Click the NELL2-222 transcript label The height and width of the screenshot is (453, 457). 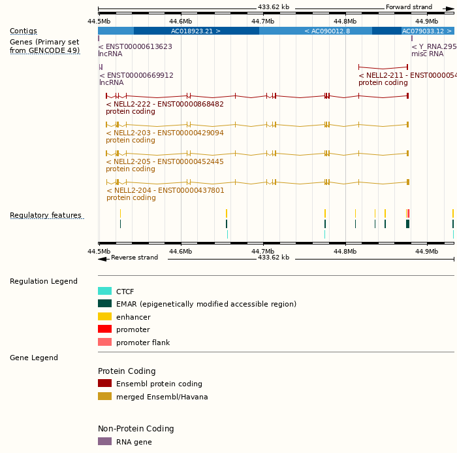[165, 104]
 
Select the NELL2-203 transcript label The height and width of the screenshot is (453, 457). [165, 133]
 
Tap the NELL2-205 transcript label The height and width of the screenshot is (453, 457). [165, 161]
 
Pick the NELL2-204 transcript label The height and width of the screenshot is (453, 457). [165, 190]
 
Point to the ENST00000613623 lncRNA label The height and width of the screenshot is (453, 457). [135, 46]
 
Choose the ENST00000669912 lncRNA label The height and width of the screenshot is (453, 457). [136, 75]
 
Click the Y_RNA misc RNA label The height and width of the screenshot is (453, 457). [433, 46]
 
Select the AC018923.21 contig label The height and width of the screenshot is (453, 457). [196, 31]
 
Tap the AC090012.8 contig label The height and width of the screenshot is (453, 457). [327, 31]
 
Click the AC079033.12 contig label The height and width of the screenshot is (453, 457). [427, 31]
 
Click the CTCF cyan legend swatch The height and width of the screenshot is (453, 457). [104, 292]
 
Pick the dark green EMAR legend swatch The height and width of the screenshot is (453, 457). [104, 304]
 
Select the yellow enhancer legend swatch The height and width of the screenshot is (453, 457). [104, 316]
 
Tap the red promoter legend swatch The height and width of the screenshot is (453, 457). [104, 329]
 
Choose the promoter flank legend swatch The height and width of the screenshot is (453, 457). [104, 342]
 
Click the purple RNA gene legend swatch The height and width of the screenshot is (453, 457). [104, 442]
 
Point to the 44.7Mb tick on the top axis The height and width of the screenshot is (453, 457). [263, 22]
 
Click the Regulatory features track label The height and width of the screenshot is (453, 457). [46, 216]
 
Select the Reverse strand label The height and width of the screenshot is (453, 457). [134, 258]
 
